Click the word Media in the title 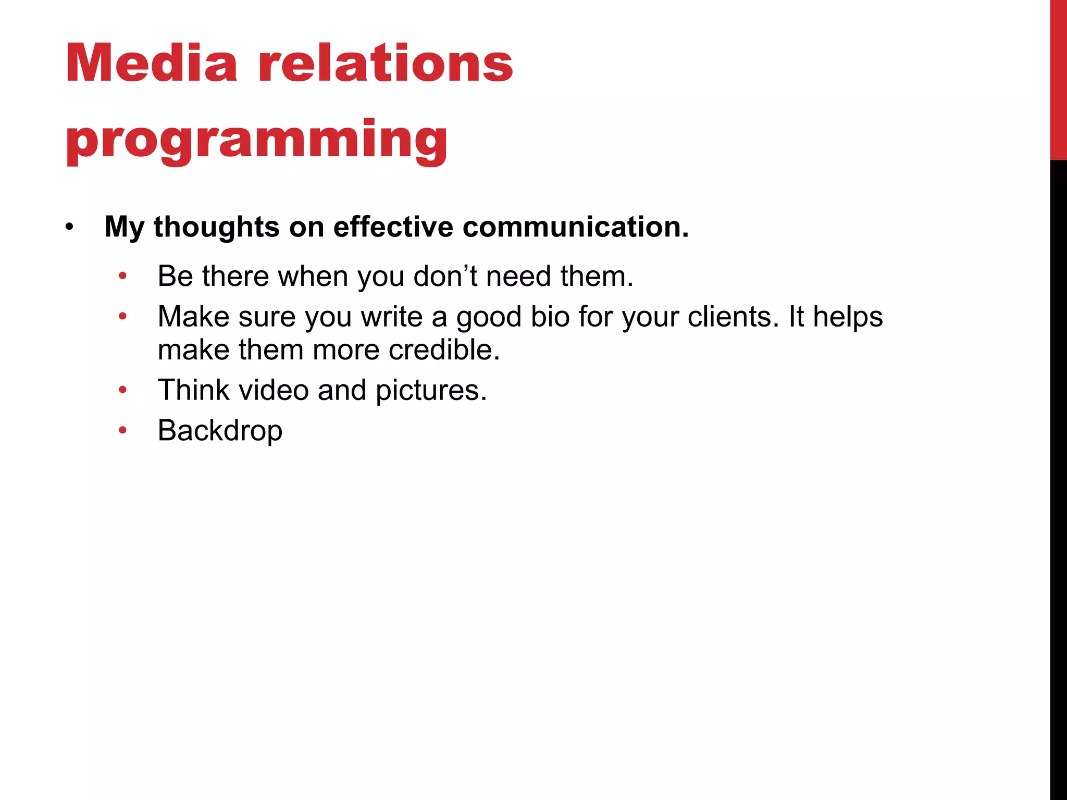(152, 64)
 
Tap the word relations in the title (386, 64)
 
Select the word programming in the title (256, 140)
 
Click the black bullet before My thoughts (70, 228)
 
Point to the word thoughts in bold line (217, 227)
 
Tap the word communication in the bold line (575, 227)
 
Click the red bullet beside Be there (123, 276)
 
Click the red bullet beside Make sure (123, 316)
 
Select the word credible (444, 349)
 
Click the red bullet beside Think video (123, 390)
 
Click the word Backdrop (220, 431)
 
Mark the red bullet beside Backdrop (123, 430)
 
